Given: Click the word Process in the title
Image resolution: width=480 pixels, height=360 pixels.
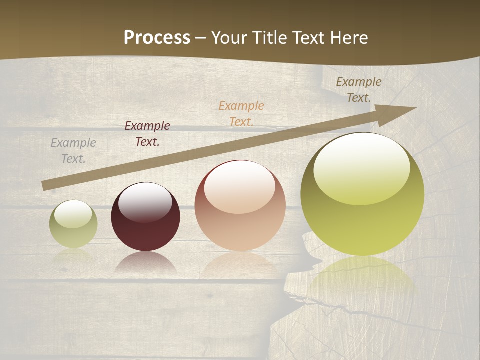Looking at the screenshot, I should [x=157, y=38].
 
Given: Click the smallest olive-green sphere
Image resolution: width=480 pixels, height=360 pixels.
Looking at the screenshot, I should [x=73, y=224].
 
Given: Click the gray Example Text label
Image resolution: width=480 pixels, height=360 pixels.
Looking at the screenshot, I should [x=73, y=150].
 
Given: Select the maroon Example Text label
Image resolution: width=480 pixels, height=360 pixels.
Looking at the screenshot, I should [x=147, y=134].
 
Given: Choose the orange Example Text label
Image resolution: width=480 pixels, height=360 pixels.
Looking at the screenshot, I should [x=241, y=113].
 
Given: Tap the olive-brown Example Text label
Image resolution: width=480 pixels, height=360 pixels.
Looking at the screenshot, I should [x=358, y=90].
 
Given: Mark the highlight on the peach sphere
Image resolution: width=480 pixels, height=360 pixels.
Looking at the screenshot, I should [x=240, y=186].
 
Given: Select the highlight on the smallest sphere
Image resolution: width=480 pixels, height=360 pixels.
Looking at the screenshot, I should [x=73, y=213].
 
